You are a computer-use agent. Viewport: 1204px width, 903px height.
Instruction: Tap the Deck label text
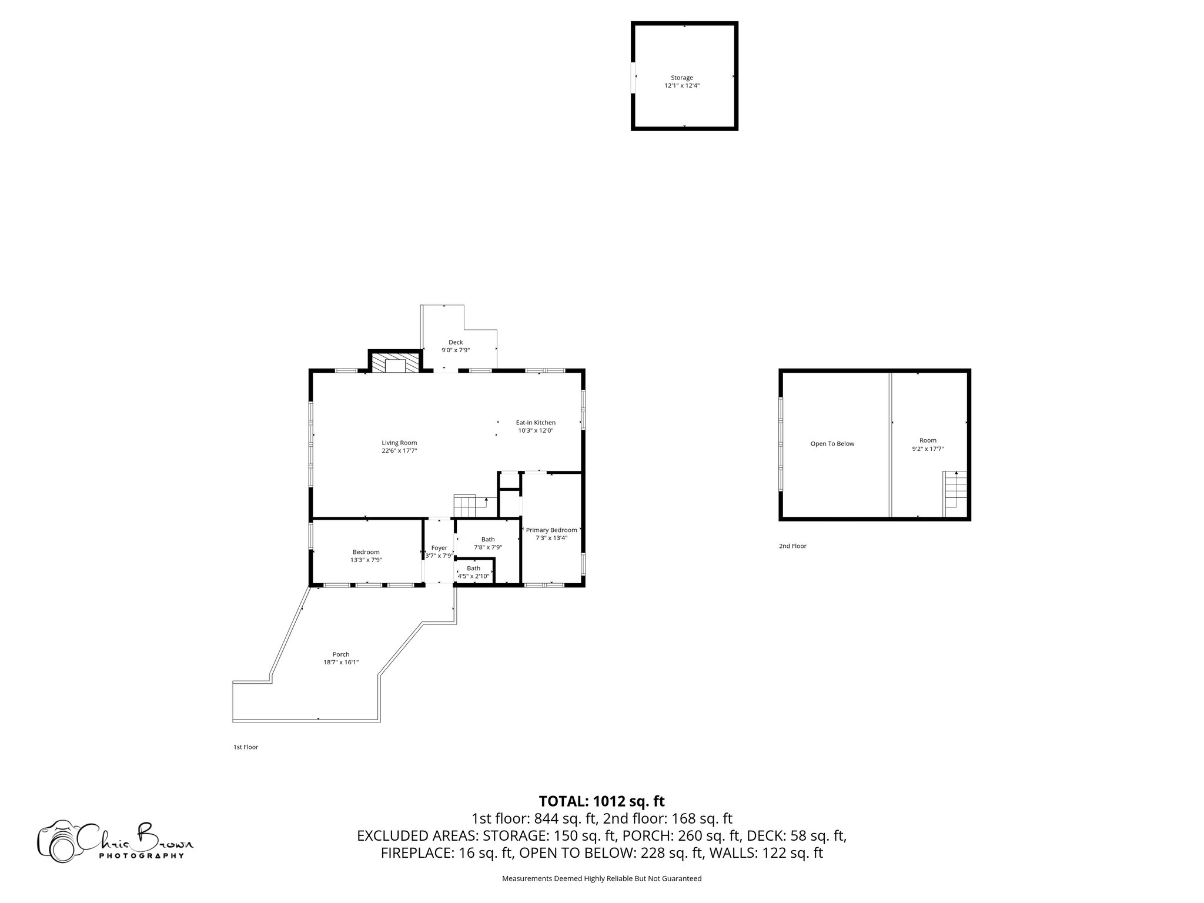click(456, 342)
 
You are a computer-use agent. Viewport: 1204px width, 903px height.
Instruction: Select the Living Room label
click(399, 443)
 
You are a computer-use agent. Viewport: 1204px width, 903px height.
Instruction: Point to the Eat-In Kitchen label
click(536, 422)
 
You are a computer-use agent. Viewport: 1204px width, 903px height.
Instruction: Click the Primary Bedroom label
click(551, 530)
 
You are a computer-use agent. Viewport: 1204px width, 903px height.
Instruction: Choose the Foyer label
click(439, 547)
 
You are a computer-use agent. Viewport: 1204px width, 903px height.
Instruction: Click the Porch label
click(341, 654)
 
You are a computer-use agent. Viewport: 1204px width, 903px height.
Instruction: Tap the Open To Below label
click(832, 444)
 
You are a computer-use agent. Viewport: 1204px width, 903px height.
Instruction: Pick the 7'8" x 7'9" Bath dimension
click(488, 547)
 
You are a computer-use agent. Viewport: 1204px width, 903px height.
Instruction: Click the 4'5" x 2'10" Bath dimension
click(473, 576)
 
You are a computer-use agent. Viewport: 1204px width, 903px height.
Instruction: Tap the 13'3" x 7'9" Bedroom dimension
click(366, 560)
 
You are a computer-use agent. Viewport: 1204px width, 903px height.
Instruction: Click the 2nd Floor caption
click(792, 546)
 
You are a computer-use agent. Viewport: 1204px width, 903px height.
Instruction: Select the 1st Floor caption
click(246, 747)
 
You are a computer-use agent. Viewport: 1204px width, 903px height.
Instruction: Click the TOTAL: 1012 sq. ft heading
click(601, 801)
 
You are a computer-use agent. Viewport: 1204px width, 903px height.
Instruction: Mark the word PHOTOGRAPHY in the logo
click(141, 856)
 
